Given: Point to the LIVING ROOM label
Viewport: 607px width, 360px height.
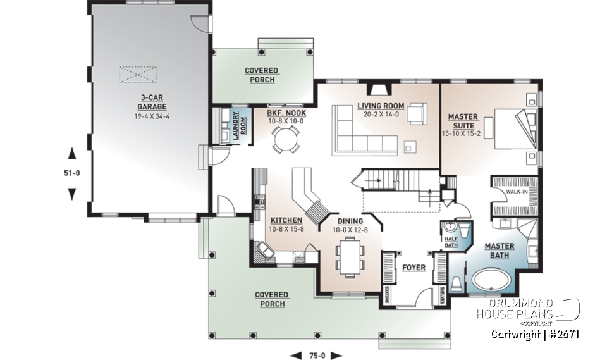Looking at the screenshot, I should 380,106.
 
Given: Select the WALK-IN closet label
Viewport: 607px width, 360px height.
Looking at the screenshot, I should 515,190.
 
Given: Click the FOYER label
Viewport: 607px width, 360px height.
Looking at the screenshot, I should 414,268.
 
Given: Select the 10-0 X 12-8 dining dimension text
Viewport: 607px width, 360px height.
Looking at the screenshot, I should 350,229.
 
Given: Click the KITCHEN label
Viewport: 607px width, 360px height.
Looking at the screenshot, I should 285,220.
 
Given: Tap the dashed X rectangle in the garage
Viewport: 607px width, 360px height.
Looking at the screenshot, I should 137,74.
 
